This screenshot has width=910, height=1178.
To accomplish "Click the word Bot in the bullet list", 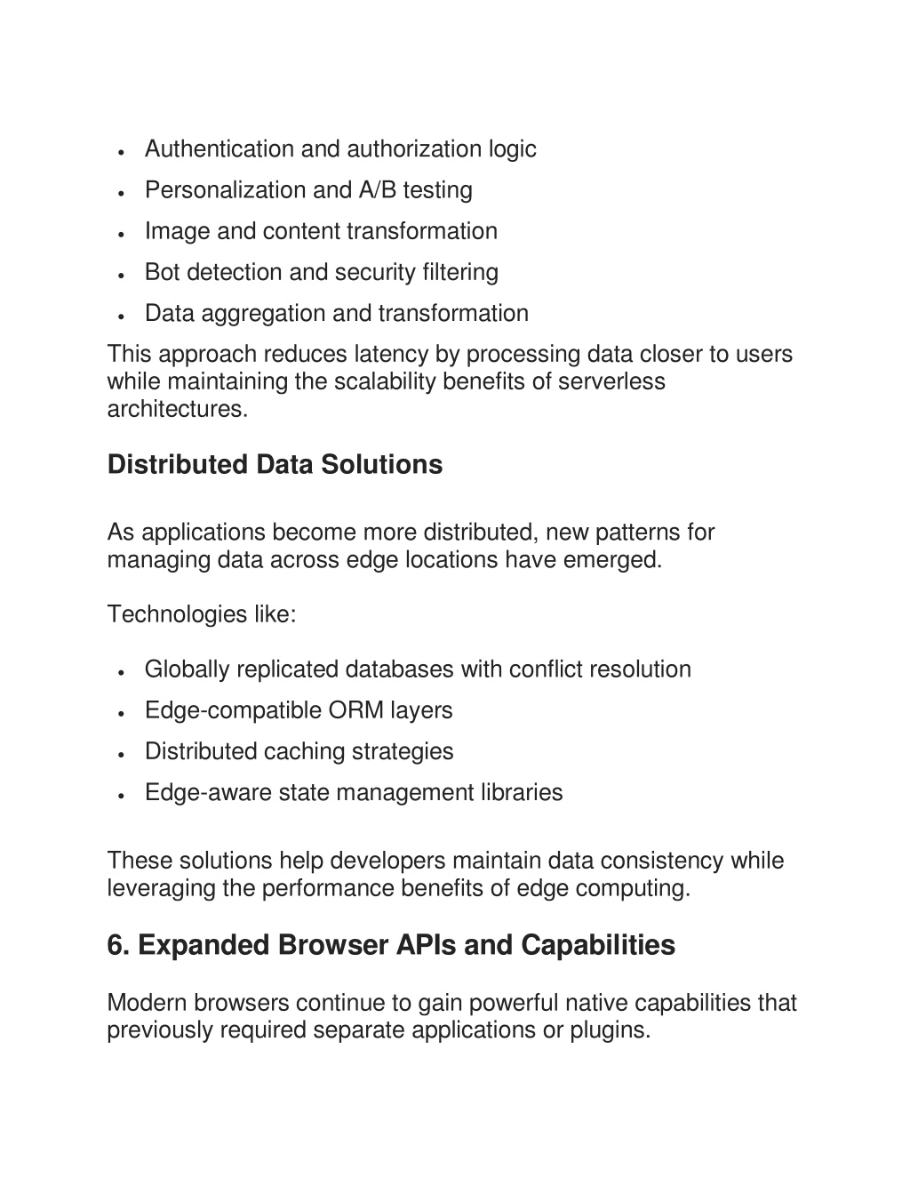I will point(163,272).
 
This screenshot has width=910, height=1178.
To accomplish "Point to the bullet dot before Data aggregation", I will point(120,316).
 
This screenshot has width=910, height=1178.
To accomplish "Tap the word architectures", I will point(177,409).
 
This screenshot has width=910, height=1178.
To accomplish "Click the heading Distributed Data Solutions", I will point(275,464).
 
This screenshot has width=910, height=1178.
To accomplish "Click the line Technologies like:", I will point(202,613).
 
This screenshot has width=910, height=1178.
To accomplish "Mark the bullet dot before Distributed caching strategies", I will point(120,754).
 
